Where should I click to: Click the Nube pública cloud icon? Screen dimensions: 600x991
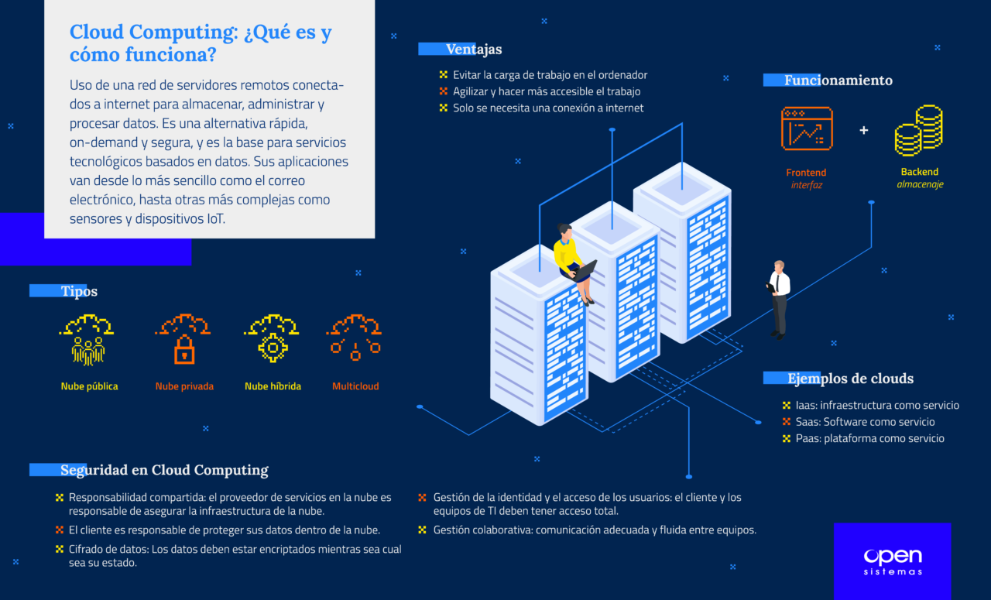87,339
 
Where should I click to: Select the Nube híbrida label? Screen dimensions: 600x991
273,386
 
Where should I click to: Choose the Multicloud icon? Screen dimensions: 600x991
355,338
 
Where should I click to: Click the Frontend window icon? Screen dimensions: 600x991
806,129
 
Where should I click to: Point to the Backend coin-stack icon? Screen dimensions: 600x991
919,131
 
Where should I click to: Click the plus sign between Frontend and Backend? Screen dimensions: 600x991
864,130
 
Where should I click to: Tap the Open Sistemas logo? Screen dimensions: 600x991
892,561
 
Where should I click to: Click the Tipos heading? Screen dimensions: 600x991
79,291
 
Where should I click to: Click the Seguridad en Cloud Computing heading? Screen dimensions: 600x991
164,470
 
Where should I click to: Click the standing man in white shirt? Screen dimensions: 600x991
779,299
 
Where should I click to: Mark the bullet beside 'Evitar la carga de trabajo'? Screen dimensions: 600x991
443,75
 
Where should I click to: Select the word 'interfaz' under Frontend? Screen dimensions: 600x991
806,185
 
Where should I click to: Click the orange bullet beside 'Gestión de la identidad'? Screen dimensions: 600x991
422,498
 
